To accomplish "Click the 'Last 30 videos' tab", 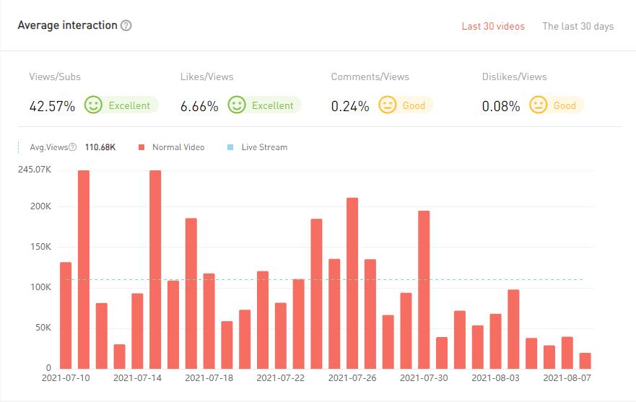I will point(493,26).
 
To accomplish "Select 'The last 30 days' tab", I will point(578,26).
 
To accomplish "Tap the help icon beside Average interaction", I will point(126,26).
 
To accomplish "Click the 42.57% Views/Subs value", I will point(52,106).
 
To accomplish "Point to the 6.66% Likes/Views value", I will point(199,106).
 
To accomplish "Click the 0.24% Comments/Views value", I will point(350,106).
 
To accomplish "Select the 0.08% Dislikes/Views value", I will point(501,106).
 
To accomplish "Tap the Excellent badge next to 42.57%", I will point(121,105).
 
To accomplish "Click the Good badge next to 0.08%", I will point(557,105).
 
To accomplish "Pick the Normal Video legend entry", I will point(173,147).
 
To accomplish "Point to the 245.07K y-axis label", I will point(34,170).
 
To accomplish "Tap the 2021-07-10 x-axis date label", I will point(66,377).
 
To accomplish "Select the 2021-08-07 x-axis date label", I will point(567,377).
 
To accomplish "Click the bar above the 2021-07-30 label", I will point(424,289).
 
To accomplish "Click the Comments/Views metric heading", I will point(370,77).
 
